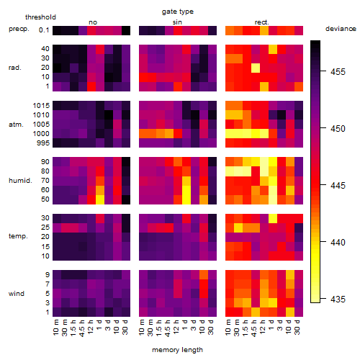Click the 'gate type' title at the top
coord(178,12)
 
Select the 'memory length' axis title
coord(177,350)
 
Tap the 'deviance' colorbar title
coord(341,29)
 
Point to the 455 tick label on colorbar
coord(338,72)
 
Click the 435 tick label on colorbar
coord(338,300)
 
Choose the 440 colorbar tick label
coord(338,243)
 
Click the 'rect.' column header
coord(262,22)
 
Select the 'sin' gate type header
coord(177,22)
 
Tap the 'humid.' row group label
coord(20,181)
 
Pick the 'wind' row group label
coord(17,294)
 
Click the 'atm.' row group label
coord(16,125)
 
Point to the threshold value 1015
coord(41,106)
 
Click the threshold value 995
coord(43,143)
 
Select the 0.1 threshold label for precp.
coord(44,30)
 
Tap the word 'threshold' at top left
coord(40,17)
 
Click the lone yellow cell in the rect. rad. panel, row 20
coord(256,68)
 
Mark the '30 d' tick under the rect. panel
coord(297,327)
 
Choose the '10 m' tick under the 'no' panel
coord(55,327)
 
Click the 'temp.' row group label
coord(18,236)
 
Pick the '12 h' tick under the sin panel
coord(176,327)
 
